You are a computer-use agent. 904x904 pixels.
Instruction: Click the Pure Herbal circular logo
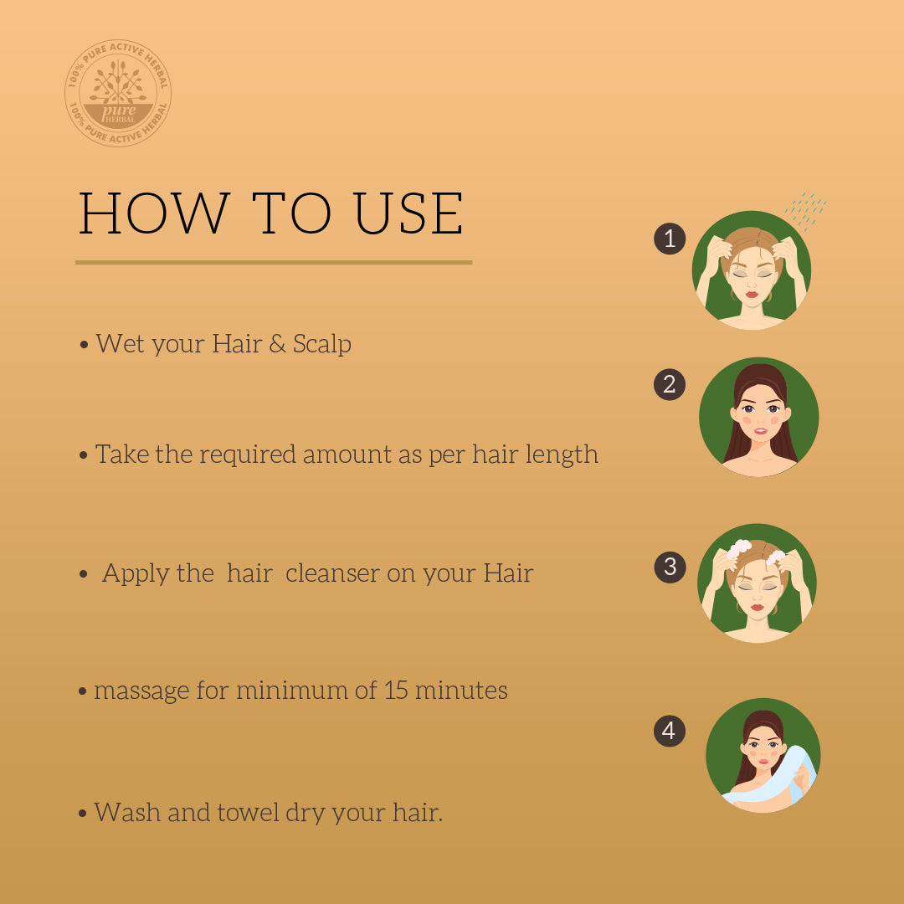pyautogui.click(x=118, y=93)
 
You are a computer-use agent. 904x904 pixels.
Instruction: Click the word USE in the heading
pyautogui.click(x=408, y=213)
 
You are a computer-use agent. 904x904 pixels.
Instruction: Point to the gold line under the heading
pyautogui.click(x=274, y=262)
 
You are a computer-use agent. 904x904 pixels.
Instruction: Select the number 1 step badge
pyautogui.click(x=670, y=238)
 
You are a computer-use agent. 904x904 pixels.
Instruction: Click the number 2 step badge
pyautogui.click(x=670, y=384)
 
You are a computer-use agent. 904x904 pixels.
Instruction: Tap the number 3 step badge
pyautogui.click(x=670, y=567)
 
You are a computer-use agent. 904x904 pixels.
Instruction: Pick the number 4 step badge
pyautogui.click(x=670, y=731)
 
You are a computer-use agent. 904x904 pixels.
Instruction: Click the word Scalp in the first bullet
pyautogui.click(x=322, y=345)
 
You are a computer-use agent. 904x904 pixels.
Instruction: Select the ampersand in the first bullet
pyautogui.click(x=277, y=344)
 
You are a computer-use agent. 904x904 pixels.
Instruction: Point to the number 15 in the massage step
pyautogui.click(x=396, y=690)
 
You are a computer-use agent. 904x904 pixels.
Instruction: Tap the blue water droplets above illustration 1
pyautogui.click(x=805, y=211)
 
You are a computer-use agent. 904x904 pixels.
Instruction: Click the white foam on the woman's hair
pyautogui.click(x=738, y=549)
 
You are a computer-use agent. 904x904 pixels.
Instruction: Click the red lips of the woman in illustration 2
pyautogui.click(x=760, y=431)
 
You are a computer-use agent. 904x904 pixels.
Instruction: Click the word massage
pyautogui.click(x=141, y=691)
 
